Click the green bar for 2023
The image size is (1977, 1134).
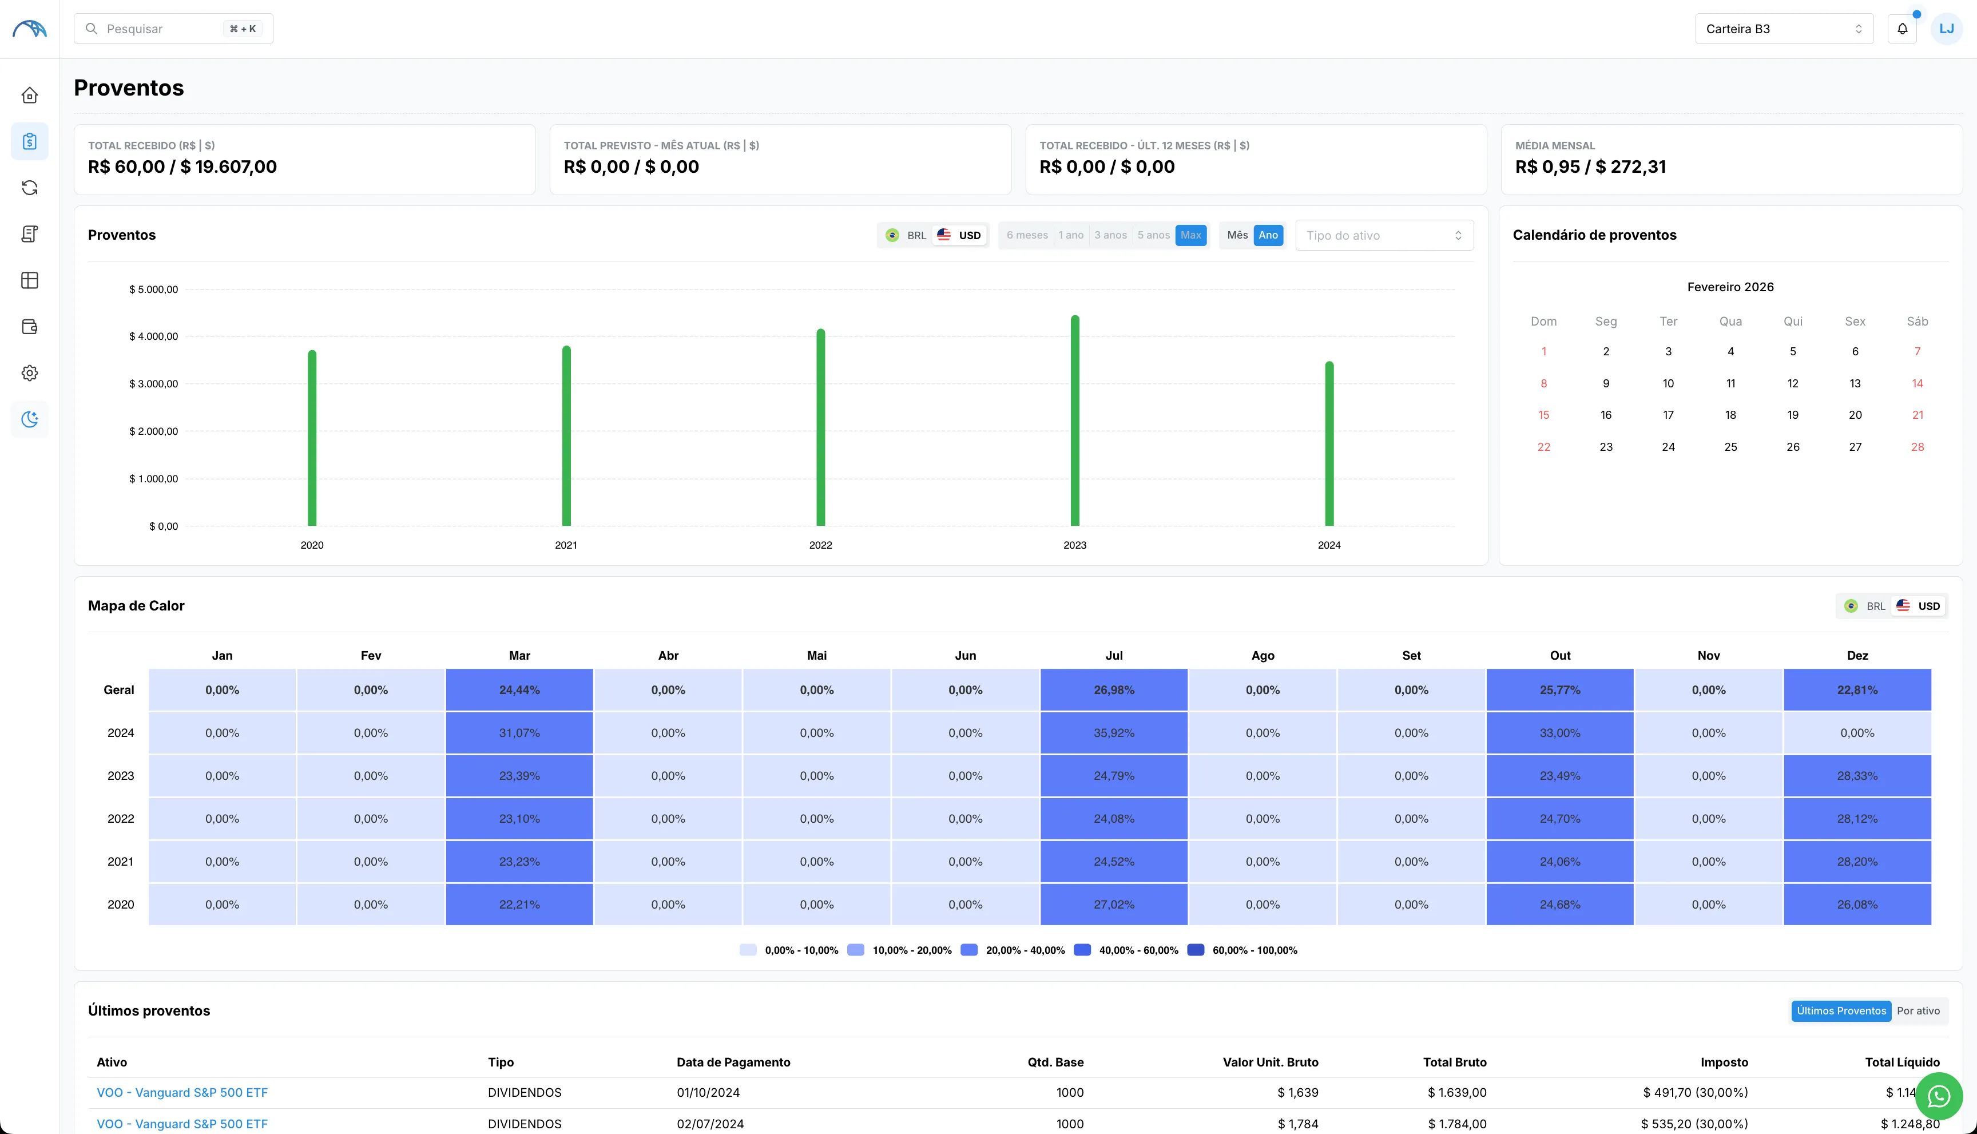[1074, 421]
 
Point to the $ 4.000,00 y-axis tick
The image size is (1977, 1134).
[153, 336]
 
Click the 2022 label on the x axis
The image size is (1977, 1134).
[820, 545]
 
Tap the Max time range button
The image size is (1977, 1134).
[1190, 235]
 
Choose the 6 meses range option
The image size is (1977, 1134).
[1026, 235]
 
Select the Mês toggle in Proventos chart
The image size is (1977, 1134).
[1237, 235]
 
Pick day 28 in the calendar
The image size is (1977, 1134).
[1917, 447]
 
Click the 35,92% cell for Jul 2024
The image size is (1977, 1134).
[1113, 733]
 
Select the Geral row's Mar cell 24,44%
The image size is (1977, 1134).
[519, 690]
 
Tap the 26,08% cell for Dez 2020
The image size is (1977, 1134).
[1857, 904]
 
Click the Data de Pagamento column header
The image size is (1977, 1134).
[733, 1062]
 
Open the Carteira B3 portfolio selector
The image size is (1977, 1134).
[1783, 29]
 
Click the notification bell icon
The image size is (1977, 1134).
[1901, 29]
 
